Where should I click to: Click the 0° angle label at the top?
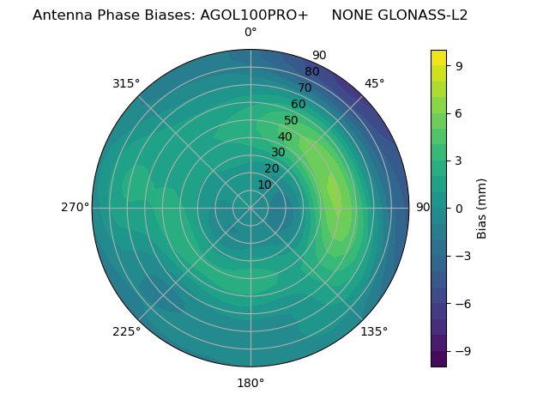coord(250,33)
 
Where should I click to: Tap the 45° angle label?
coord(374,84)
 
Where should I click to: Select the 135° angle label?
coord(374,331)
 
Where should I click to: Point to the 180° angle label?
coord(250,383)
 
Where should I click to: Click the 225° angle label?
coord(126,331)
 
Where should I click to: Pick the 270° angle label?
coord(75,208)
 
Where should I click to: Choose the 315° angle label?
coord(126,84)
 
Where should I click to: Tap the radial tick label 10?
coord(264,185)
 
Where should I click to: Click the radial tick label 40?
coord(285,137)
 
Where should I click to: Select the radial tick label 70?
coord(305,88)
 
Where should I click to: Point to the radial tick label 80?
coord(311,72)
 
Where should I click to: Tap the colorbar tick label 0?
coord(460,208)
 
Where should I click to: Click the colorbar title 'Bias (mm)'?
coord(482,208)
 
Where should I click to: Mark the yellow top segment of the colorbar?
coord(438,58)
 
